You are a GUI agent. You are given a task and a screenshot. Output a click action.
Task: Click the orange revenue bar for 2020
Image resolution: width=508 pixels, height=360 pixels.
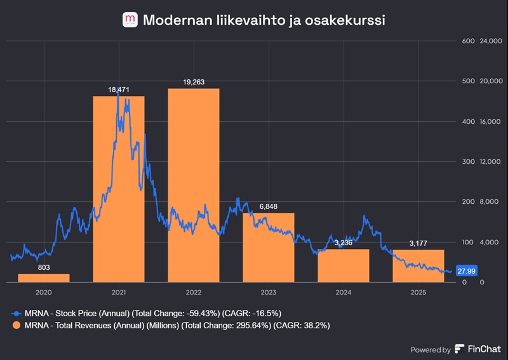(44, 277)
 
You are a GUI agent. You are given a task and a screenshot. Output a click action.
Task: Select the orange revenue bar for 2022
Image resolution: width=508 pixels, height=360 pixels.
(194, 185)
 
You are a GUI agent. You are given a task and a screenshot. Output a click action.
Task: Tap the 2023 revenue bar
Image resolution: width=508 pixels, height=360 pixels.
(269, 247)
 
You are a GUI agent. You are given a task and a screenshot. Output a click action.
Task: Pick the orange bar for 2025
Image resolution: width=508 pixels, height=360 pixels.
(418, 266)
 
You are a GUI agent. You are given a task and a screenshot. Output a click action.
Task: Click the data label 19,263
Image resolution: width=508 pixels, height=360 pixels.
(194, 82)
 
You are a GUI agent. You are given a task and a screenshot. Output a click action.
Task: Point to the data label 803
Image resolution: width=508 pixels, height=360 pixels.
(44, 267)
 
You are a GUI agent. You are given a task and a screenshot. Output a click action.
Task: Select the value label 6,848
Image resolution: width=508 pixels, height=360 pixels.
(269, 206)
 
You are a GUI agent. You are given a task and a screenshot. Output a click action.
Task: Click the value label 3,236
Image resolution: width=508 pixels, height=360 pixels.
(344, 243)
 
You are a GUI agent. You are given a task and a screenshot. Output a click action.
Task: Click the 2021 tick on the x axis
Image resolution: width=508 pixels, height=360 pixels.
(119, 293)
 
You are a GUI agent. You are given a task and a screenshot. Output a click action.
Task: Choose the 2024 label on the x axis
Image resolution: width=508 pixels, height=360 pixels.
(344, 293)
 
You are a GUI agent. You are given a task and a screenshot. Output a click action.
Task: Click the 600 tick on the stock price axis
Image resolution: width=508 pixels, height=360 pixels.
(469, 41)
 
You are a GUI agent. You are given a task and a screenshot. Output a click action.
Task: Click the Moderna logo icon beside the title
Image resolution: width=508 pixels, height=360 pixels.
(130, 20)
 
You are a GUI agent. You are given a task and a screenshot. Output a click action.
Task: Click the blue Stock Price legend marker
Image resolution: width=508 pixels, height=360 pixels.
(15, 313)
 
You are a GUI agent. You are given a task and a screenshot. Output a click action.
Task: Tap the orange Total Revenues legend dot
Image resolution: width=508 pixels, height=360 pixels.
(15, 325)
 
